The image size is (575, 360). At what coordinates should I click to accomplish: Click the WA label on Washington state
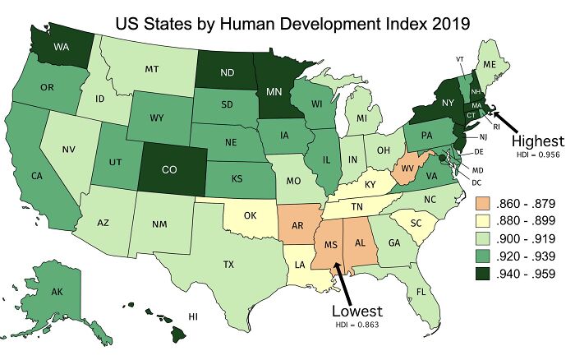click(38, 47)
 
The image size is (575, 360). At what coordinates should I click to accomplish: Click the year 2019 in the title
click(441, 23)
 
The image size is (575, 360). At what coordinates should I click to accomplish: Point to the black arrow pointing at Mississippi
click(344, 280)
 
